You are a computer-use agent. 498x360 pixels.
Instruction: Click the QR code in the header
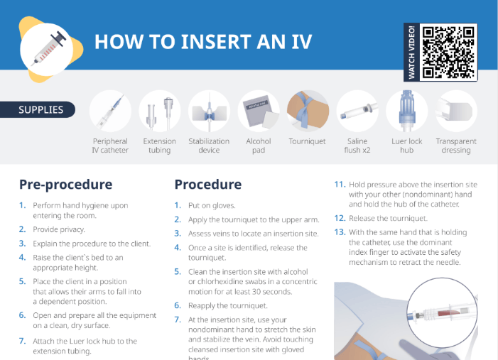[x=448, y=52]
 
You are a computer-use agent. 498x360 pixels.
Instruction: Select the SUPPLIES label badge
[x=41, y=110]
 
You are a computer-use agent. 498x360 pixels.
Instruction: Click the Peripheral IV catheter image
[x=110, y=111]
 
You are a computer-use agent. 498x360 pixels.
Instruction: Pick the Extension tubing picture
[x=159, y=111]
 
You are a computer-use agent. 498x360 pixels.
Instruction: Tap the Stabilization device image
[x=209, y=111]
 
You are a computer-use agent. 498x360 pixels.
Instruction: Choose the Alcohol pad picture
[x=259, y=111]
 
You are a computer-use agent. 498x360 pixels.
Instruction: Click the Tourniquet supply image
[x=307, y=111]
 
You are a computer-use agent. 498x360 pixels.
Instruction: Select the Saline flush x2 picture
[x=357, y=111]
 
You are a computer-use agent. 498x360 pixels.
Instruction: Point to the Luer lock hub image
[x=406, y=111]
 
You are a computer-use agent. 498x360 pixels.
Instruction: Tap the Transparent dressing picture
[x=455, y=111]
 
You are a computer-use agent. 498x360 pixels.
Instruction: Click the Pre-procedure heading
[x=65, y=185]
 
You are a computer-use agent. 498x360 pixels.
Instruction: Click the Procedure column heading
[x=208, y=185]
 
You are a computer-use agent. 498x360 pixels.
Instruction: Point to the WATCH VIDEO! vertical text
[x=411, y=52]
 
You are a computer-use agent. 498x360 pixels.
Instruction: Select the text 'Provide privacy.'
[x=58, y=229]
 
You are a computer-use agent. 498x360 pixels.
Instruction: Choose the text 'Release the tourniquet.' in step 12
[x=388, y=218]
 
